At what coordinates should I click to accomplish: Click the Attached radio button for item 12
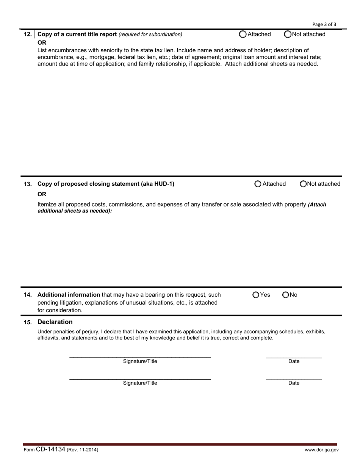(243, 34)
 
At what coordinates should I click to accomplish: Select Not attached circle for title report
(288, 34)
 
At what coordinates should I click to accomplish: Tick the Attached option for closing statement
(258, 184)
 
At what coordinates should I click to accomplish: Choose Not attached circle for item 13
(303, 184)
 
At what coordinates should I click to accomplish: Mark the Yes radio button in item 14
(256, 295)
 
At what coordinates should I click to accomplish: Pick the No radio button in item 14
(286, 295)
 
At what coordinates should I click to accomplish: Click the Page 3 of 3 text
(324, 24)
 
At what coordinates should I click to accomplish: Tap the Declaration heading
(55, 322)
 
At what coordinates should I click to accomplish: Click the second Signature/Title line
(140, 378)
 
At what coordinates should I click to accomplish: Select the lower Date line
(294, 379)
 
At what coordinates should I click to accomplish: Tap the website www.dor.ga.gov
(322, 450)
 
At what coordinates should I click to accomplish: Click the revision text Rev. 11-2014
(83, 450)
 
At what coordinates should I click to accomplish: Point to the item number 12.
(28, 34)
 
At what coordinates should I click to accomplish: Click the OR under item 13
(42, 194)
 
